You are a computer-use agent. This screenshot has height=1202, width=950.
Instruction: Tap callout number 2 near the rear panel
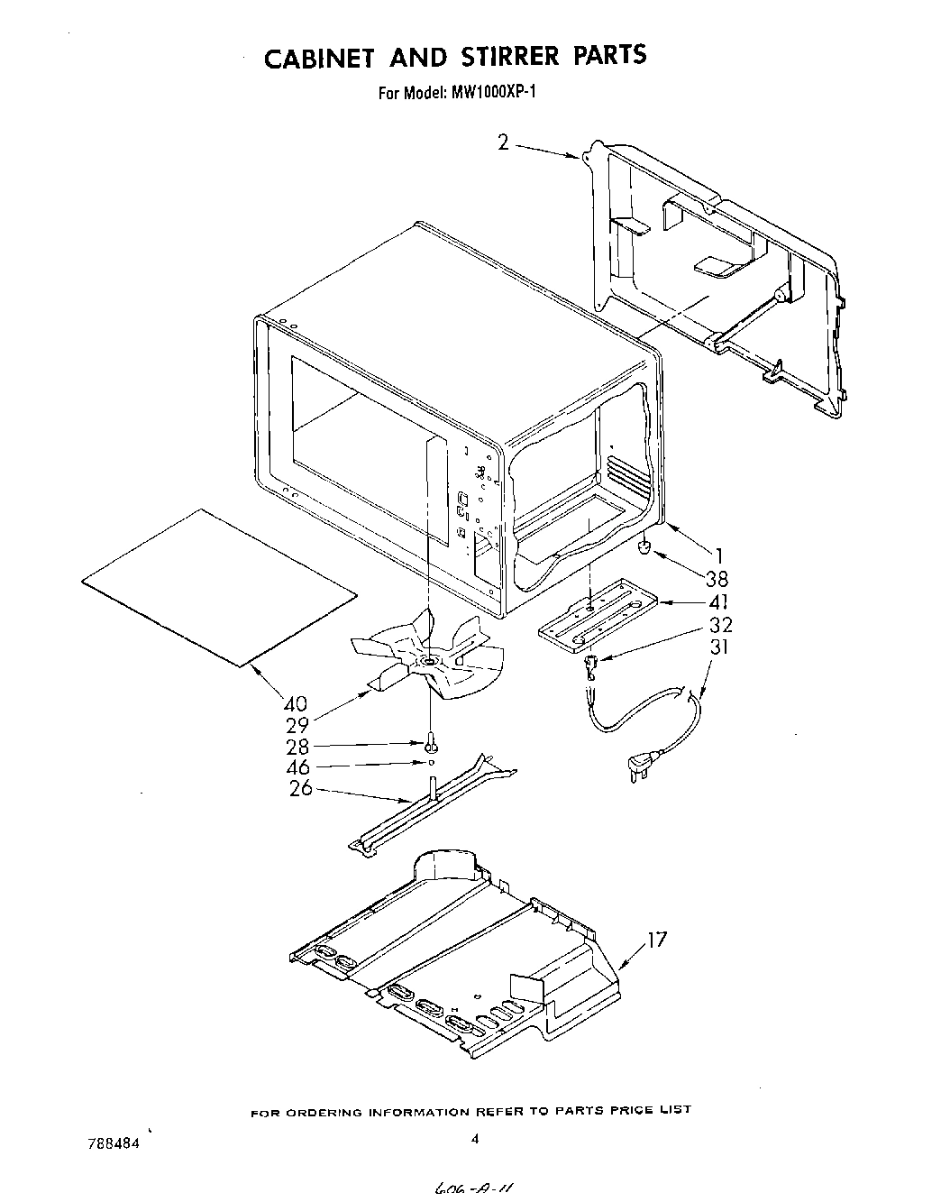point(503,142)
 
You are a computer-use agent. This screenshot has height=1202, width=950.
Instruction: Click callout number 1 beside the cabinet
point(719,556)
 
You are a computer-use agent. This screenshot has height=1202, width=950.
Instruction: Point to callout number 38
point(717,579)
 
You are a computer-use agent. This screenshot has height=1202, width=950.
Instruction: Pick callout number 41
point(719,601)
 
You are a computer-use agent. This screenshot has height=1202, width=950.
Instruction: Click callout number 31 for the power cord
point(719,647)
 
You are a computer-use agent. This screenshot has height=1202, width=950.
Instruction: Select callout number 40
point(295,703)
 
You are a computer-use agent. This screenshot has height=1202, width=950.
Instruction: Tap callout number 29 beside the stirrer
point(296,725)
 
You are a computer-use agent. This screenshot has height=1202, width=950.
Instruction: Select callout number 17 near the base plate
point(657,940)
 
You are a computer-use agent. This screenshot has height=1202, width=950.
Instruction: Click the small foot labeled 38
point(645,546)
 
